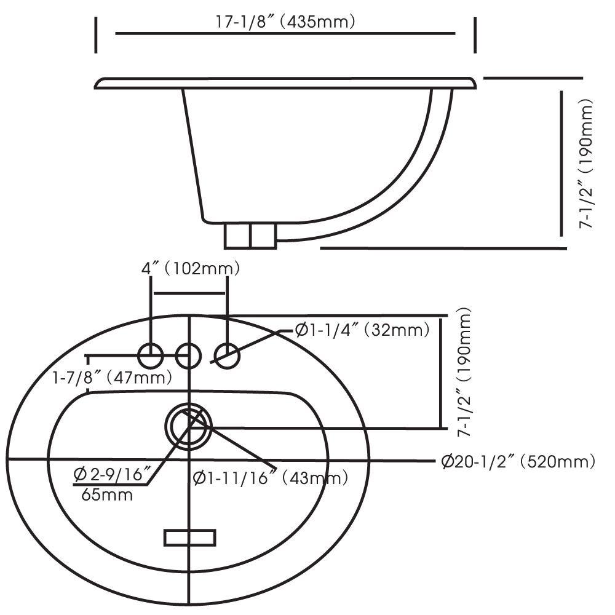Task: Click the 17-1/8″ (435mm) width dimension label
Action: (x=284, y=22)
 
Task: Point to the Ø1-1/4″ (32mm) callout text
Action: (x=362, y=331)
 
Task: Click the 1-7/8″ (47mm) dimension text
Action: (x=111, y=376)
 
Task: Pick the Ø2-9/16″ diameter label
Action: (x=113, y=474)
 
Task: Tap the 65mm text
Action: (x=107, y=494)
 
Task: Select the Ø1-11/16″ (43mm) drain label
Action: (x=271, y=477)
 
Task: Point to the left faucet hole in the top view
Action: (x=151, y=355)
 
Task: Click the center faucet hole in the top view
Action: (x=188, y=355)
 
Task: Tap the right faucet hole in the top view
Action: (x=227, y=355)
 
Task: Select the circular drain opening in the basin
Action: (x=188, y=425)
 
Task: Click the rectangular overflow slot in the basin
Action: (x=190, y=538)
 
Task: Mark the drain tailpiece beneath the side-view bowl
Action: (x=250, y=236)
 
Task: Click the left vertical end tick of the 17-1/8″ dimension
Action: (x=96, y=35)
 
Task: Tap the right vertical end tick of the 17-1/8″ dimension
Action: (x=475, y=35)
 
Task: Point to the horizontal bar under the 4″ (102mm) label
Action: (x=190, y=293)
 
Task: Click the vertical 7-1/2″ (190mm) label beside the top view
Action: (x=466, y=373)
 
